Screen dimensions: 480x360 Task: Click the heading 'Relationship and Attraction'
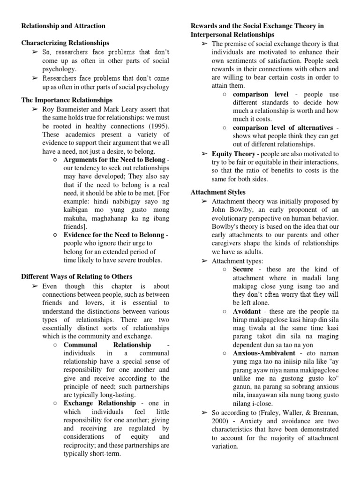tap(63, 26)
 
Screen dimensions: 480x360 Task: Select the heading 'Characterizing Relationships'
tap(65, 43)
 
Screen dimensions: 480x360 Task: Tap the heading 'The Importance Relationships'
tap(67, 100)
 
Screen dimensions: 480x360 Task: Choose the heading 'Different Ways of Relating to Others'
tap(77, 277)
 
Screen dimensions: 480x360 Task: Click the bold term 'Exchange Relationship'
tap(100, 403)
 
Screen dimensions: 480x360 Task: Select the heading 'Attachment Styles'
tap(218, 192)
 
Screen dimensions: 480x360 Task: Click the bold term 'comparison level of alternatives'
tap(283, 127)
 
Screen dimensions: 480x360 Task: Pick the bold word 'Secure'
tap(243, 270)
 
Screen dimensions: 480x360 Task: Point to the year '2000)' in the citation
tap(222, 421)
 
